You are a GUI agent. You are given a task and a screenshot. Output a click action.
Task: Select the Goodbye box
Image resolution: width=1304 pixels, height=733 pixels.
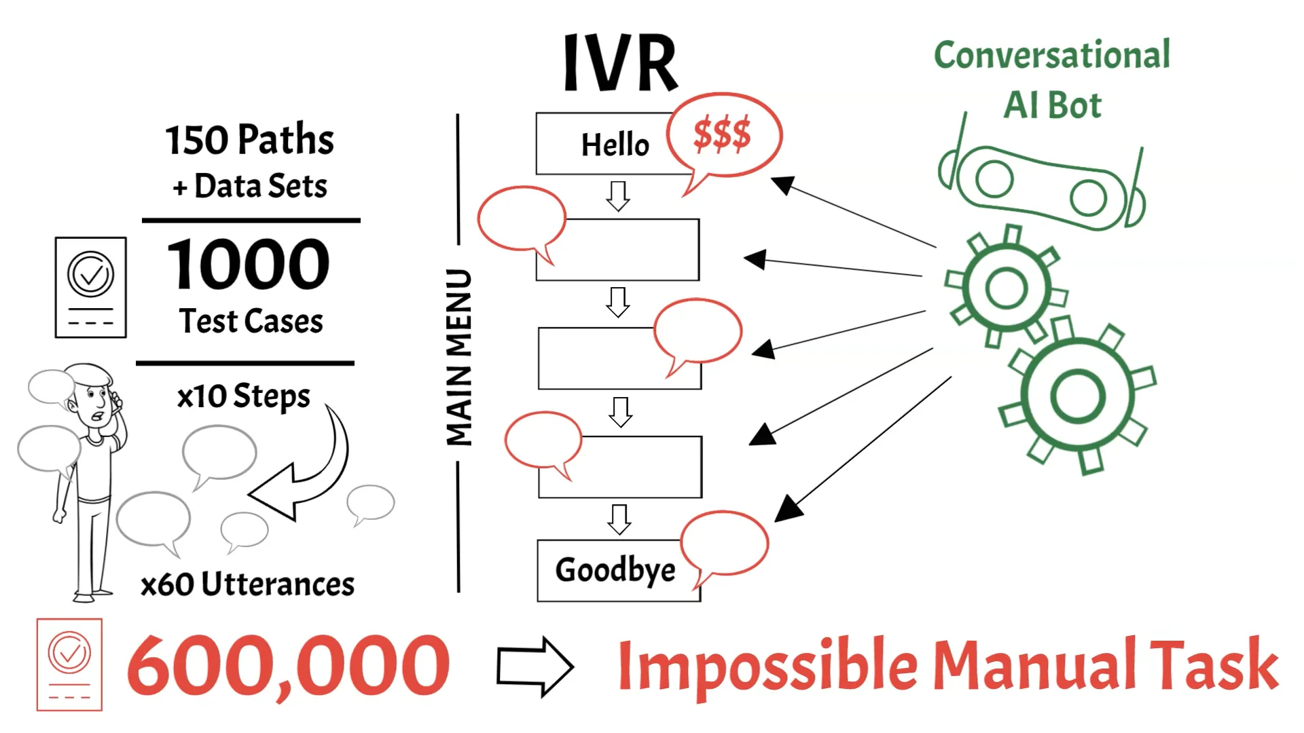tap(615, 570)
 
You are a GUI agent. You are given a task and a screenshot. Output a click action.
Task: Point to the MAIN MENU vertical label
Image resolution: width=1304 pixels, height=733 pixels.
tap(459, 357)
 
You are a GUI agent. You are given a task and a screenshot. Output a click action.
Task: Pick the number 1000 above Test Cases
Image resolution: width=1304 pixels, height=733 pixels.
tap(249, 265)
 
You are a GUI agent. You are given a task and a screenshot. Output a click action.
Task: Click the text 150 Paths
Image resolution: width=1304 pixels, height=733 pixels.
tap(250, 140)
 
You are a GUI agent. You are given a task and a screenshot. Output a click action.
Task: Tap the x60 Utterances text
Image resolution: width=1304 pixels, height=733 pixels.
tap(247, 584)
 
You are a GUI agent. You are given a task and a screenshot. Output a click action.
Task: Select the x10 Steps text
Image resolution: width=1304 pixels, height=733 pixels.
tap(243, 396)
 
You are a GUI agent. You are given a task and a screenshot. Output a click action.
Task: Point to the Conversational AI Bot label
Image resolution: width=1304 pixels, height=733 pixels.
tap(1052, 79)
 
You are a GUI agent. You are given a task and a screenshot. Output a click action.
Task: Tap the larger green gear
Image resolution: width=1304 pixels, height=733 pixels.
tap(1077, 396)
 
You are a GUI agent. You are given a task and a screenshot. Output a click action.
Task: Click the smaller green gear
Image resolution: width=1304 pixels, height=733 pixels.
tap(1006, 288)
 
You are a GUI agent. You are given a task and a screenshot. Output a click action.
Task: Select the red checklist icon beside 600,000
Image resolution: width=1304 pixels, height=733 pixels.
tap(69, 664)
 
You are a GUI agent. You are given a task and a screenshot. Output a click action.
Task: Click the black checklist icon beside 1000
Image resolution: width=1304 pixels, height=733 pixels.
tap(91, 287)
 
